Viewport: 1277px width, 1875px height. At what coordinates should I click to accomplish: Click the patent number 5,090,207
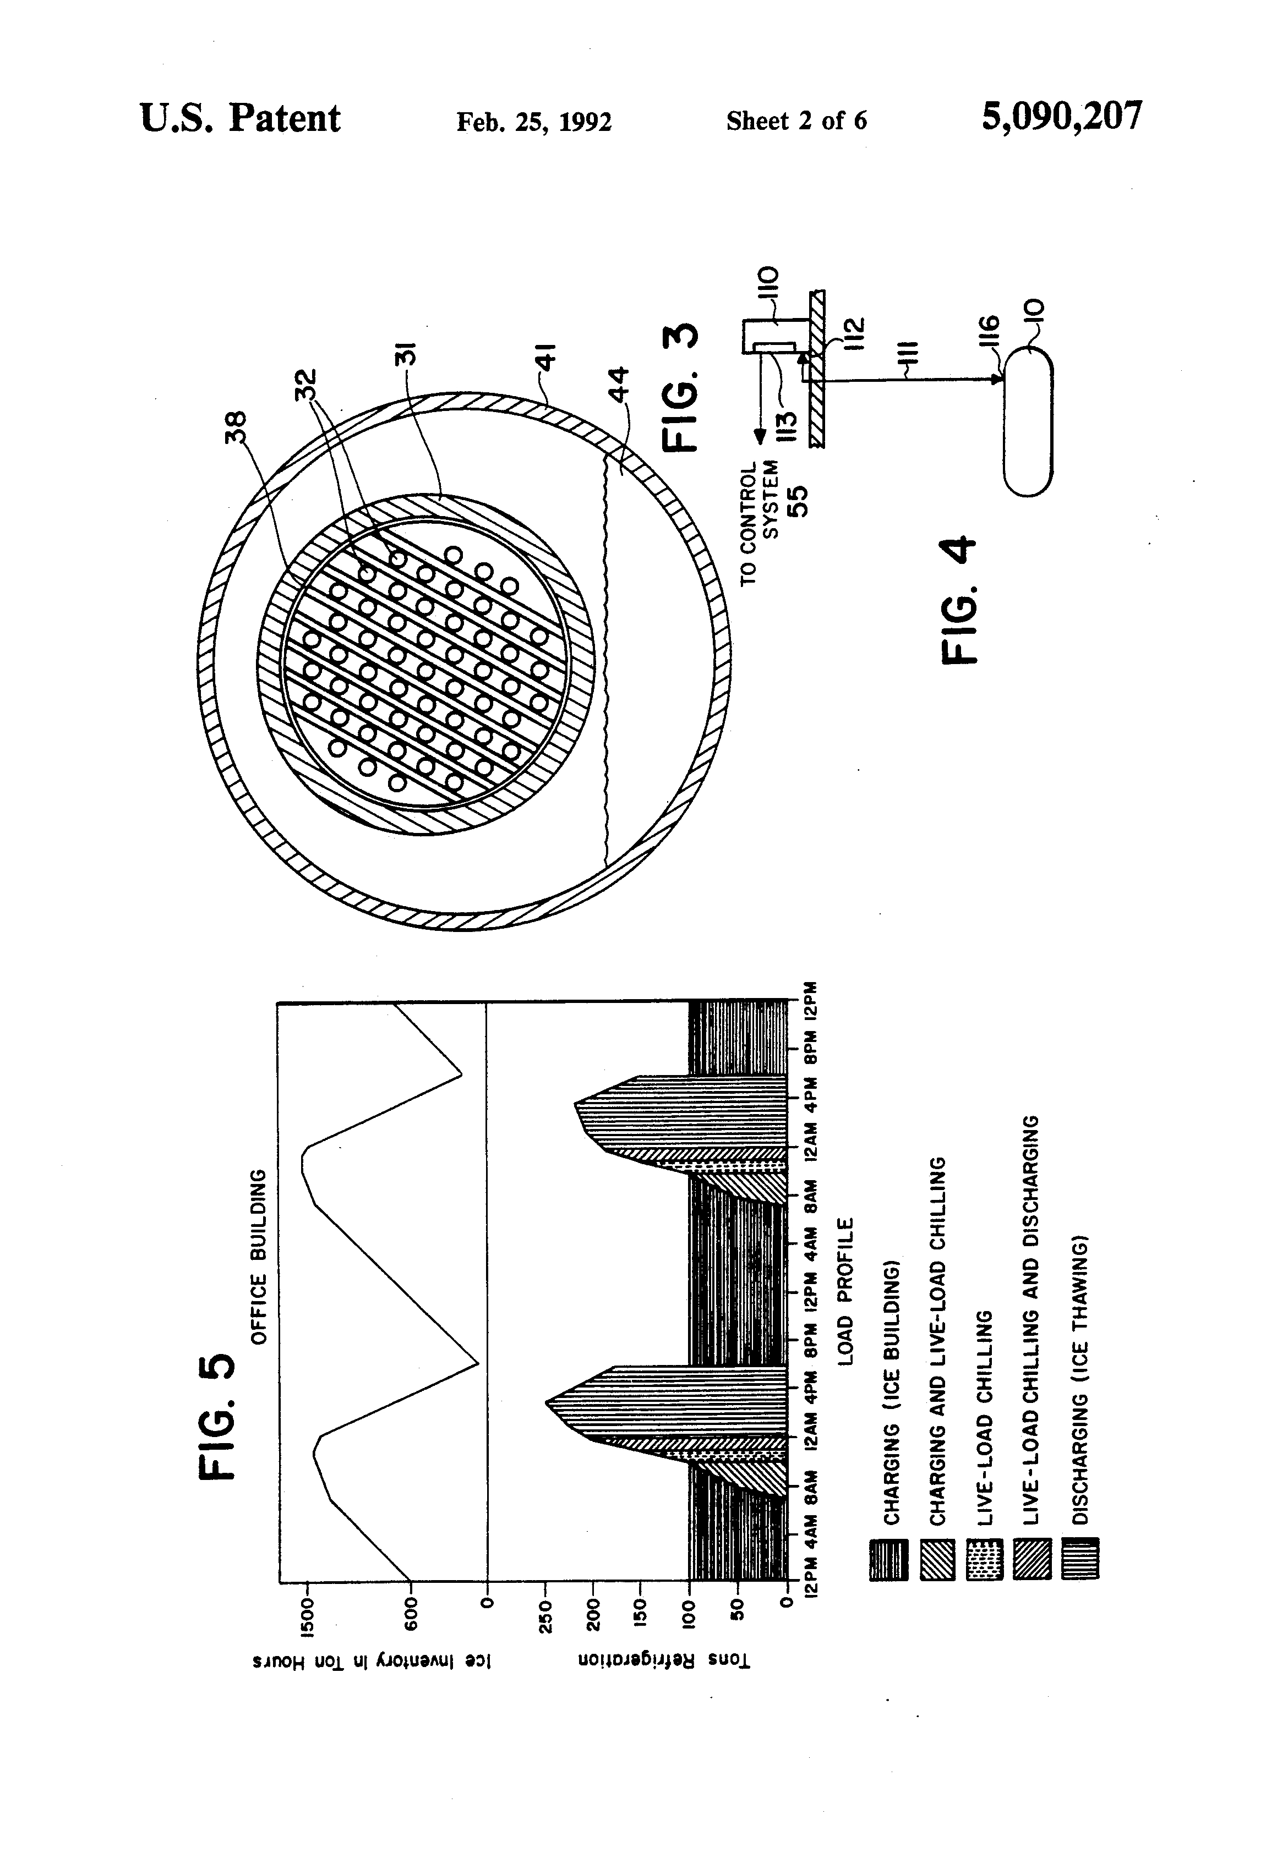1061,117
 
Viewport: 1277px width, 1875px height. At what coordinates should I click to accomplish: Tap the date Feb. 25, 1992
533,122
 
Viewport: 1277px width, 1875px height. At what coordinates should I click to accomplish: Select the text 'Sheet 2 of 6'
796,121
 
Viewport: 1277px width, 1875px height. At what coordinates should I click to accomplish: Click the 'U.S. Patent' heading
240,119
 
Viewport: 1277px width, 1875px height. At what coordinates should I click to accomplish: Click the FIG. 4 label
961,600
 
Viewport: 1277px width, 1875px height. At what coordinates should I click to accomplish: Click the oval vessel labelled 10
1028,420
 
